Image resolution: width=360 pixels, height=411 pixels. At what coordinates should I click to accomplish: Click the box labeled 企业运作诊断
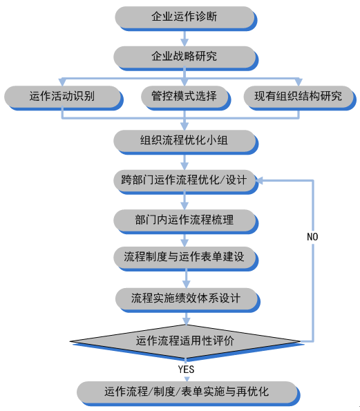click(x=186, y=19)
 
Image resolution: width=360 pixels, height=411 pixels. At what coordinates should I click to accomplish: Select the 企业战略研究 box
click(x=186, y=58)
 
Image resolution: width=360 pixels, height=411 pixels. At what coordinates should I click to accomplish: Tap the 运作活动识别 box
click(x=64, y=98)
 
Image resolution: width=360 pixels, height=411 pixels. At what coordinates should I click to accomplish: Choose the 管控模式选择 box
click(x=186, y=98)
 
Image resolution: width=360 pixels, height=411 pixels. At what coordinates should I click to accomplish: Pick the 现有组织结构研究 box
click(x=300, y=98)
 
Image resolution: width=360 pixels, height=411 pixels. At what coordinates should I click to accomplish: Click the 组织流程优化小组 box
click(x=186, y=142)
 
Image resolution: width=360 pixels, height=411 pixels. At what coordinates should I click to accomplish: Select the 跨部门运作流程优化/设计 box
click(x=186, y=182)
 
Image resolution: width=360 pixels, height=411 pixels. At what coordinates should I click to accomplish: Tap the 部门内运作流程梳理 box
click(x=186, y=222)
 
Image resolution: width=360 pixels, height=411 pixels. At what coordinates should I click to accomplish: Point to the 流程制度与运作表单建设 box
click(x=186, y=258)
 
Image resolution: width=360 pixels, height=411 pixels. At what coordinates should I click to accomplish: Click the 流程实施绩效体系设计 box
click(x=188, y=300)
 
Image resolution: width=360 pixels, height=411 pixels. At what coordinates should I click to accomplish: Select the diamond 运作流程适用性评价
click(x=187, y=342)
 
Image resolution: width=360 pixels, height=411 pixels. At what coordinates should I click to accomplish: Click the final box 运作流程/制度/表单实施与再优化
click(x=188, y=394)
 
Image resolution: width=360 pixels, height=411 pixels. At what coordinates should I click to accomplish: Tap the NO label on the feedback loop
click(x=312, y=237)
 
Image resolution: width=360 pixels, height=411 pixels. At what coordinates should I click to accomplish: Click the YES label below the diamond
click(x=186, y=370)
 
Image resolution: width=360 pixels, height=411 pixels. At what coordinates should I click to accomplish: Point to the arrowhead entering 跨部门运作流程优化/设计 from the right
click(x=259, y=180)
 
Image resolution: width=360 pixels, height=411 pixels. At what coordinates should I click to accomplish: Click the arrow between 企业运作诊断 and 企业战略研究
click(x=184, y=39)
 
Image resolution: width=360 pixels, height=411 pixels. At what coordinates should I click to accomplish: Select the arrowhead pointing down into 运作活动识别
click(x=62, y=82)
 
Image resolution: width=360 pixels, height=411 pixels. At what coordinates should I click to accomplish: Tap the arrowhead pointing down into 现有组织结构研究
click(x=299, y=82)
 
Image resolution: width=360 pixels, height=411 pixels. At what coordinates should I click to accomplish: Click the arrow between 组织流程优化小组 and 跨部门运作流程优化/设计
click(x=184, y=162)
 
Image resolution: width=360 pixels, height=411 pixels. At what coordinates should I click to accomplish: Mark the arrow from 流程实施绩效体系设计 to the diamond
click(x=187, y=318)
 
